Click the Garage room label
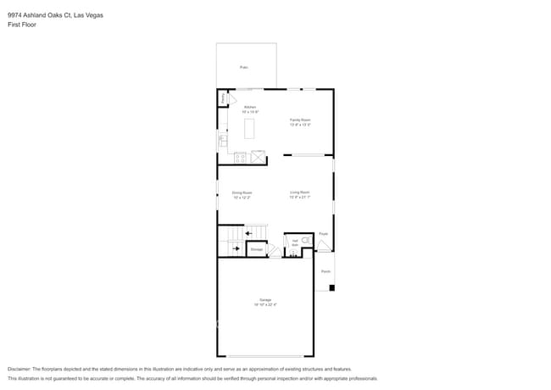[x=266, y=302]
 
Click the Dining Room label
[x=242, y=194]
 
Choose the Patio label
[x=243, y=67]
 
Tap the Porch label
[x=326, y=272]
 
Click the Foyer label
[x=323, y=233]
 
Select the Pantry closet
[x=223, y=99]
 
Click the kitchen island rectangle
[x=250, y=129]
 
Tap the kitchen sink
[x=223, y=140]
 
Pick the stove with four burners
[x=240, y=157]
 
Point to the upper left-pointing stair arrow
[x=248, y=233]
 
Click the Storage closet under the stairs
[x=257, y=249]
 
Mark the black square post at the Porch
[x=332, y=288]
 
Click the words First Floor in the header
[x=21, y=25]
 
